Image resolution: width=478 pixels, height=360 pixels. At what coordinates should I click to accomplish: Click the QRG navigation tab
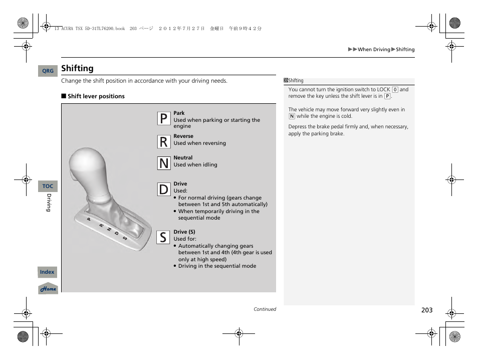pos(48,71)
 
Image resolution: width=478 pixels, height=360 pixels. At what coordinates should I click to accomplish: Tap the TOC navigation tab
pos(48,186)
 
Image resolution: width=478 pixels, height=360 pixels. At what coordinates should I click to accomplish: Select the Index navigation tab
pos(48,272)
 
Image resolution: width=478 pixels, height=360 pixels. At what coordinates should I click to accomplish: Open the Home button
pos(49,289)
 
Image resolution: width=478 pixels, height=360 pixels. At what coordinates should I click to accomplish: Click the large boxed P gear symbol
pos(163,119)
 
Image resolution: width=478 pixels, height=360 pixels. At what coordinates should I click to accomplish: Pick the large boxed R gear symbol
pos(163,142)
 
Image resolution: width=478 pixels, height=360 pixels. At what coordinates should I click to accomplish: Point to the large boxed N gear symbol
pos(163,163)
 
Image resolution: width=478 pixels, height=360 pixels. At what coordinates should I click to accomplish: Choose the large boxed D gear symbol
pos(163,190)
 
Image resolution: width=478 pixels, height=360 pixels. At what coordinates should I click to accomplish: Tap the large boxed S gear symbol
pos(163,237)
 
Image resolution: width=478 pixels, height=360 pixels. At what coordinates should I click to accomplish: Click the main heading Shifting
pos(77,68)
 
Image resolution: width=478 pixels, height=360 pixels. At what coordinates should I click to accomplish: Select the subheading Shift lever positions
pos(96,96)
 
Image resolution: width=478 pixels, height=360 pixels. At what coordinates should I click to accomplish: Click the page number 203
pos(426,310)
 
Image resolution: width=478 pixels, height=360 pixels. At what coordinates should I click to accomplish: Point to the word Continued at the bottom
pos(265,309)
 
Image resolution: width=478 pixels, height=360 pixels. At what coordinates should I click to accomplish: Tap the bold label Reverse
pos(183,136)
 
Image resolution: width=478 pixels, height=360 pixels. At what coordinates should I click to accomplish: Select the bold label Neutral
pos(183,157)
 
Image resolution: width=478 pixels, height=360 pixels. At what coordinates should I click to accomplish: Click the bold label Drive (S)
pos(184,232)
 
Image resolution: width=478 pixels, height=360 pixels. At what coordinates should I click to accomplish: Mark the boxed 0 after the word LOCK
pos(395,90)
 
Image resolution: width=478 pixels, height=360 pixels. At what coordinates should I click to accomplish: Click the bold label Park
pos(179,113)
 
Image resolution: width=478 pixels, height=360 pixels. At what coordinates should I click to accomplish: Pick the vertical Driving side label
pos(49,203)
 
